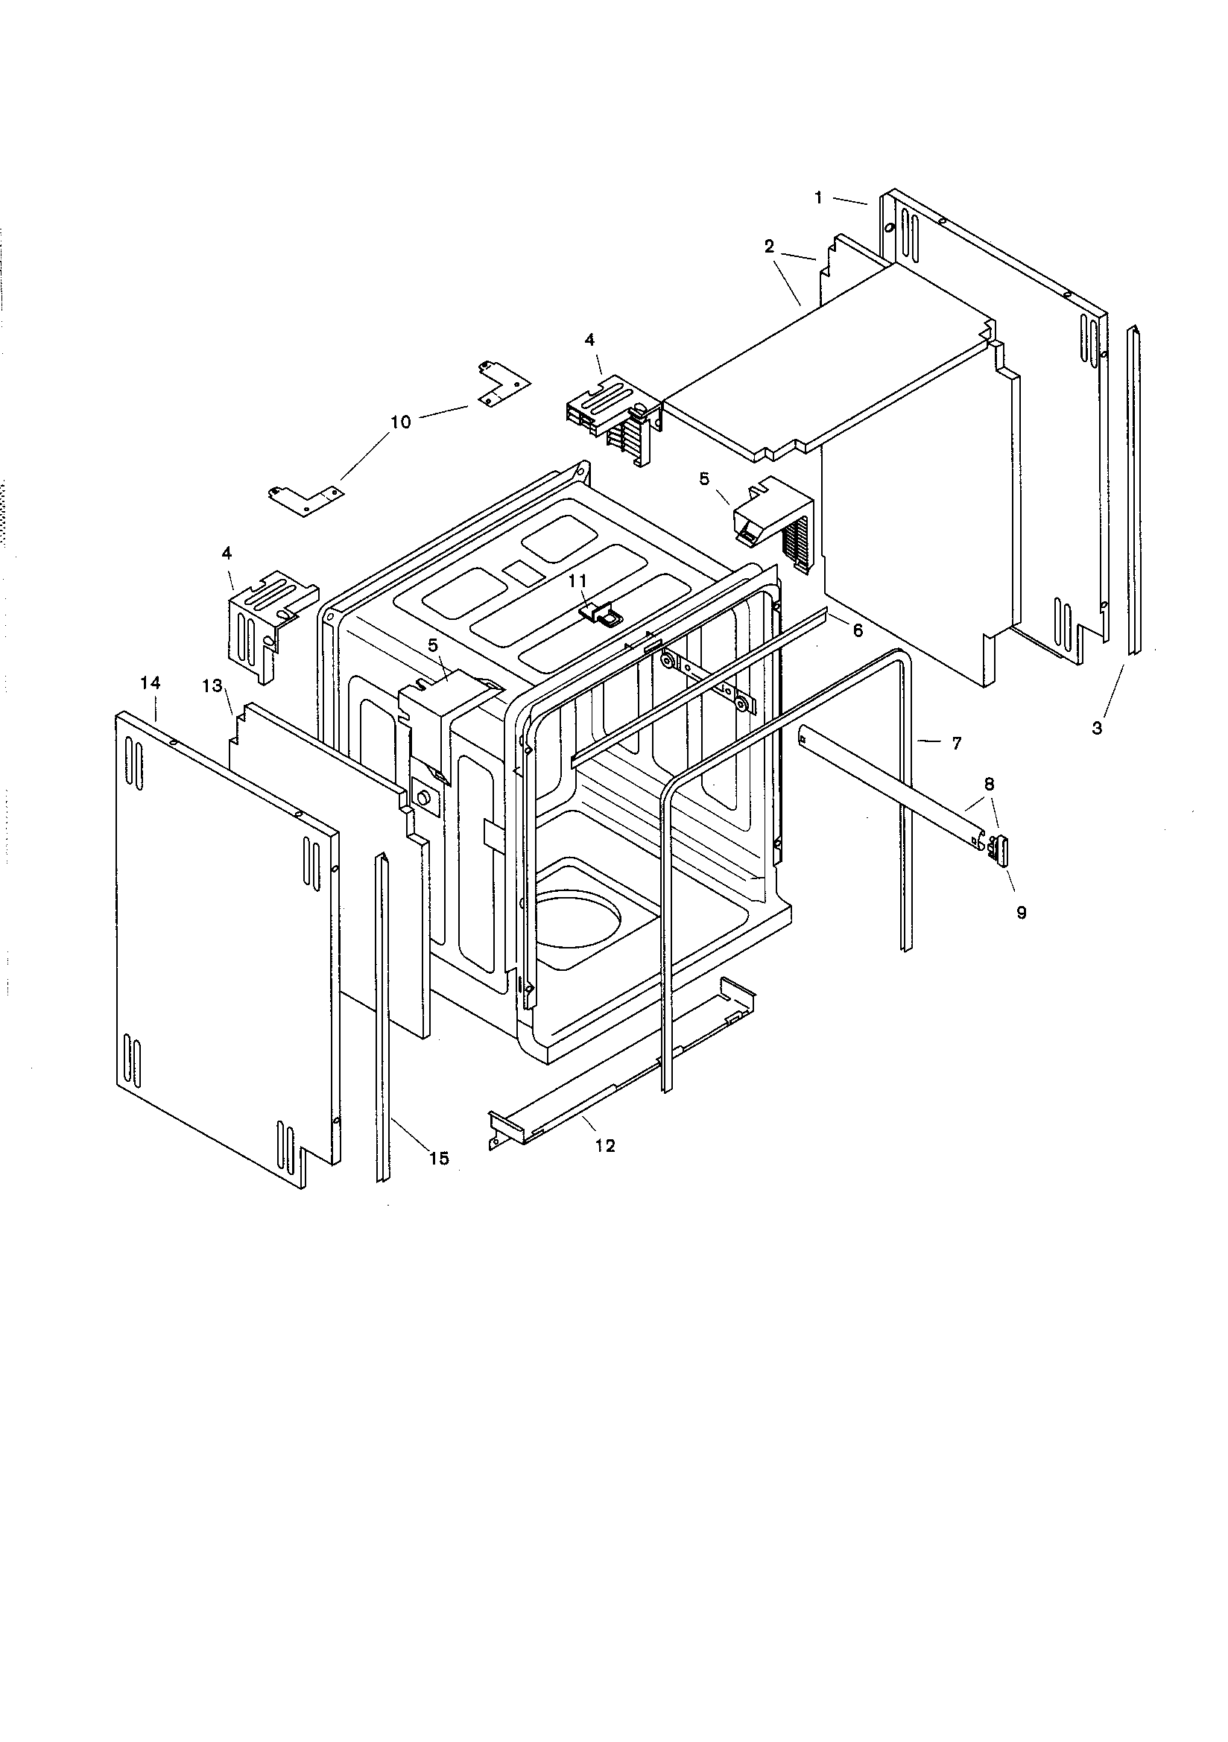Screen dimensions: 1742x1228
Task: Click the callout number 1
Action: click(818, 197)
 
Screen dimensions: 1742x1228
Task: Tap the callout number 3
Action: click(1097, 729)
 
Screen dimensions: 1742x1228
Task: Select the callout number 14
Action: click(151, 683)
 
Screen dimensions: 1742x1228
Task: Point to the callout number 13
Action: click(212, 686)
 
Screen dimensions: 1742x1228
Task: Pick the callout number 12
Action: click(605, 1146)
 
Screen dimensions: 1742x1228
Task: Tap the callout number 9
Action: click(1022, 913)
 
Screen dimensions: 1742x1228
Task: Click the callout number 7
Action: click(956, 744)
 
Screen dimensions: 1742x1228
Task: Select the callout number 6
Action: click(858, 631)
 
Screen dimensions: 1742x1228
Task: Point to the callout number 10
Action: click(400, 422)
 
